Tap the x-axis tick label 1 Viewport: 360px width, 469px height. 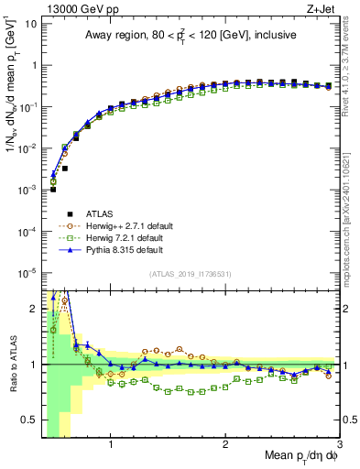(111, 446)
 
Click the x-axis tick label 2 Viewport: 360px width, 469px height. (225, 446)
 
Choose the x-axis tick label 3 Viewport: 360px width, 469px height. (339, 446)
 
